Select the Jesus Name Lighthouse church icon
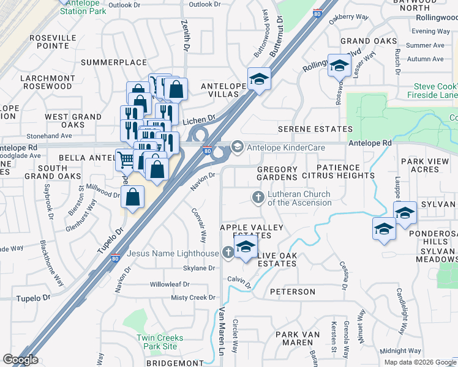coord(228,251)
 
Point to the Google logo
coord(20,360)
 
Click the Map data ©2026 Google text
coord(419,361)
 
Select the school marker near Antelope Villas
coord(259,79)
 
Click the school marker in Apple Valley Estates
coord(246,247)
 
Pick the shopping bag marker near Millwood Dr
coord(133,197)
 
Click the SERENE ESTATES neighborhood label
coord(315,130)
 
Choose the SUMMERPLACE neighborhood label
coord(113,62)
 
